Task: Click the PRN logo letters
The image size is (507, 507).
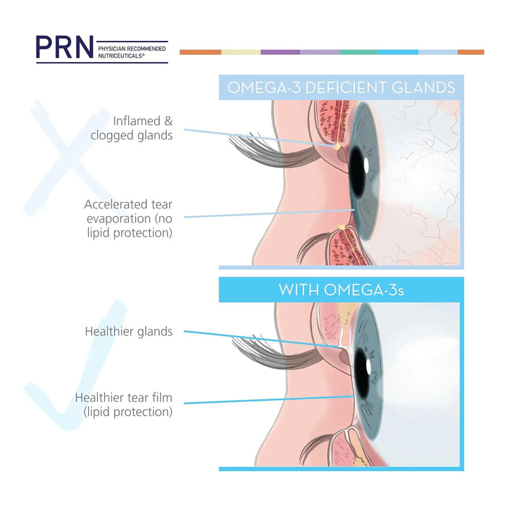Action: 65,46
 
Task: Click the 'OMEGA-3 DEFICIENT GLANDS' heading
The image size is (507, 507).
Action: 341,87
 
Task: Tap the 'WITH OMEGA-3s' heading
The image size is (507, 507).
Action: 341,289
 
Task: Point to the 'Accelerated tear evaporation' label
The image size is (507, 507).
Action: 128,218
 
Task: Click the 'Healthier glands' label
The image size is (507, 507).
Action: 129,331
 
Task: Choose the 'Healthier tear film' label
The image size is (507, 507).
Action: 124,405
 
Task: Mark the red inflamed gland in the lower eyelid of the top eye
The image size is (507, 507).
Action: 342,246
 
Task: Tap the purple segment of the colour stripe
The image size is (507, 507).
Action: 280,52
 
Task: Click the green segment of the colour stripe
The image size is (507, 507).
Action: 359,52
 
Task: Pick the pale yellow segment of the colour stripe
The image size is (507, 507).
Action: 241,52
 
